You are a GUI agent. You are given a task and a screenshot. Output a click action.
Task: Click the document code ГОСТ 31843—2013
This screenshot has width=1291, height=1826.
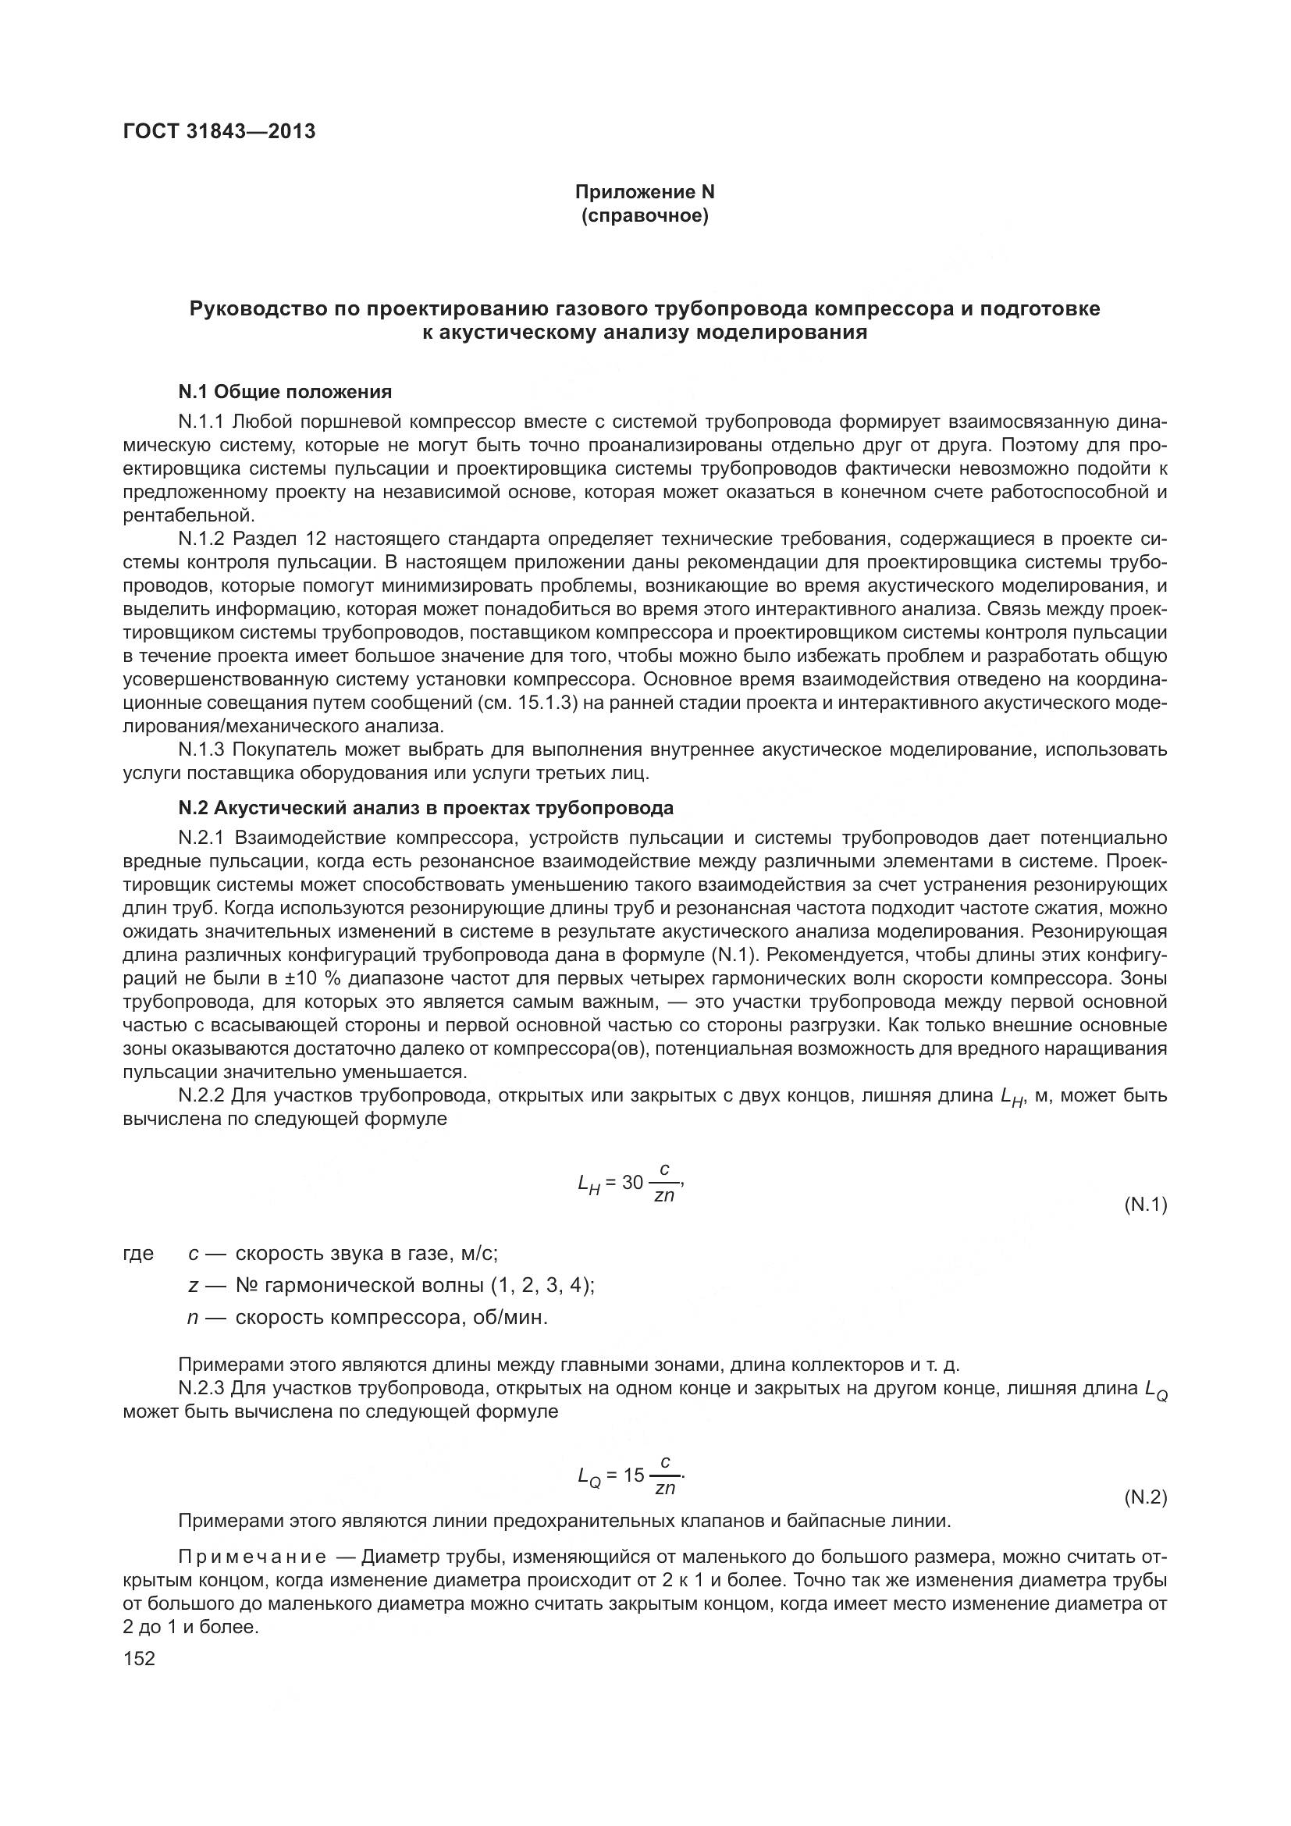pyautogui.click(x=219, y=131)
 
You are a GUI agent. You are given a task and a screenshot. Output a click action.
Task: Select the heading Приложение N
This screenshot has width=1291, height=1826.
pyautogui.click(x=645, y=192)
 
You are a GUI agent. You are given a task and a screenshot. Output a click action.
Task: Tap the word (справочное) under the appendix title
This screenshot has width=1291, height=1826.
pyautogui.click(x=645, y=215)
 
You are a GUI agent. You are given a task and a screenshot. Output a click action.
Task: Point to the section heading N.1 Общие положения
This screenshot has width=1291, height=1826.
pyautogui.click(x=285, y=391)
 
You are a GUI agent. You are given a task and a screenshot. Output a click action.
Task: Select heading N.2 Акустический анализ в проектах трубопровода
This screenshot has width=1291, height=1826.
pyautogui.click(x=425, y=808)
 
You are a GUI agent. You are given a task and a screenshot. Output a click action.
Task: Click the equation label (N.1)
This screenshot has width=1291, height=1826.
pyautogui.click(x=1145, y=1205)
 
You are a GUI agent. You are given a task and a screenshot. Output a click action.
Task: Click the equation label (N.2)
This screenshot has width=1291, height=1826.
pyautogui.click(x=1145, y=1497)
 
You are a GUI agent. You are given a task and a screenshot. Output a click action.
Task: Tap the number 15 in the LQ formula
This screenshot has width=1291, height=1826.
pyautogui.click(x=634, y=1475)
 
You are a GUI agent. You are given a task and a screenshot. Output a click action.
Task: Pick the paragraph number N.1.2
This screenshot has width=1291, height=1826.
pyautogui.click(x=202, y=539)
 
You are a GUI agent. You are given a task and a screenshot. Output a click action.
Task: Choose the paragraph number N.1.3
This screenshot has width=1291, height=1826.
pyautogui.click(x=202, y=749)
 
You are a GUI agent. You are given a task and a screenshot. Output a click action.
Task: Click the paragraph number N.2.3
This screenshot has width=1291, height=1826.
pyautogui.click(x=202, y=1389)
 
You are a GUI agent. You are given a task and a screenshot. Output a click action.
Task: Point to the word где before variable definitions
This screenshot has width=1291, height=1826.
pyautogui.click(x=138, y=1255)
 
